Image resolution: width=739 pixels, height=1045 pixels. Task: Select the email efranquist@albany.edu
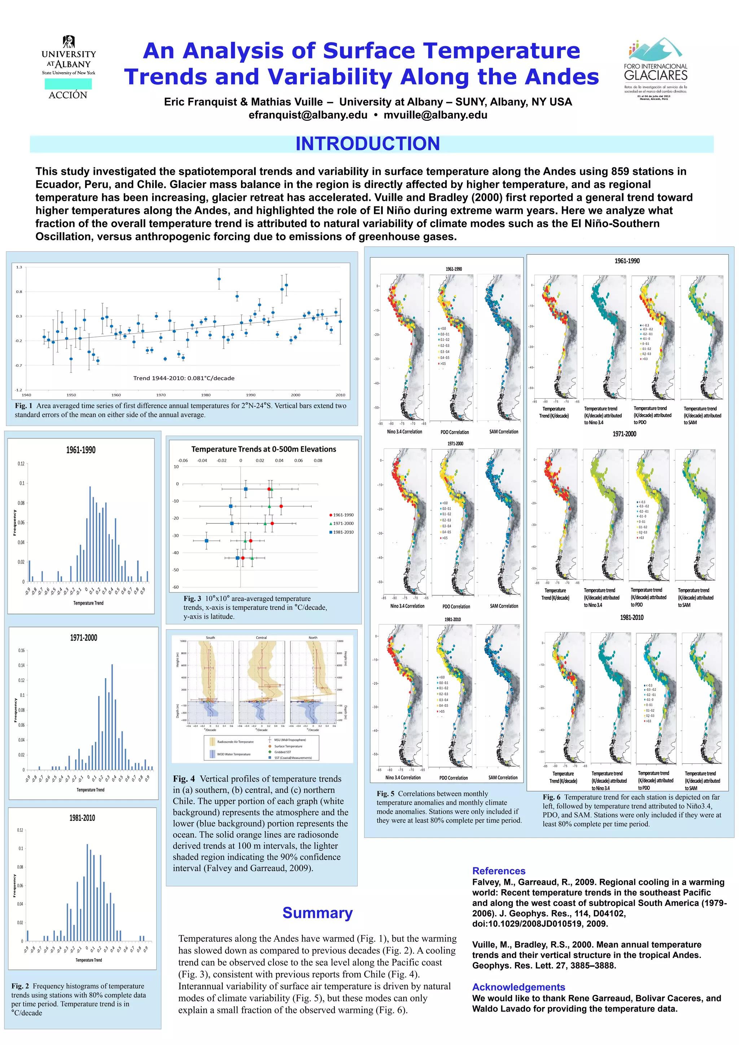tap(308, 115)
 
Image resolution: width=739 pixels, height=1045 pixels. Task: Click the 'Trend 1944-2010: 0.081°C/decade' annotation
tap(184, 378)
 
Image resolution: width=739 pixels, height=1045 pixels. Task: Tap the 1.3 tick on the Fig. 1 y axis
tap(19, 267)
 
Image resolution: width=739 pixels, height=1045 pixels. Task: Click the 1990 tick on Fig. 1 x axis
tap(251, 395)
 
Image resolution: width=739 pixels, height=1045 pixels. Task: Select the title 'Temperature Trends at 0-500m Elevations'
tap(264, 449)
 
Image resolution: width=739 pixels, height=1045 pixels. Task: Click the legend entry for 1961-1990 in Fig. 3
tap(341, 515)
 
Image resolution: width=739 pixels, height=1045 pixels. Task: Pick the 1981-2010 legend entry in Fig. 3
tap(341, 532)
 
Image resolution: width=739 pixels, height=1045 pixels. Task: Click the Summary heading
tap(318, 913)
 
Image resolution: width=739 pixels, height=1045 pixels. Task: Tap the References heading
tap(499, 871)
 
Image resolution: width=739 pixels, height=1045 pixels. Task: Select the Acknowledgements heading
tap(518, 987)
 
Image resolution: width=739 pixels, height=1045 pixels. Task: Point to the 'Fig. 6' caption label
tap(551, 797)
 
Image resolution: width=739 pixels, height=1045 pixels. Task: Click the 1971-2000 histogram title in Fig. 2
tap(83, 638)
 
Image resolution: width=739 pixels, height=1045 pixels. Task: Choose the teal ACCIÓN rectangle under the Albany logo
tap(68, 84)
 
